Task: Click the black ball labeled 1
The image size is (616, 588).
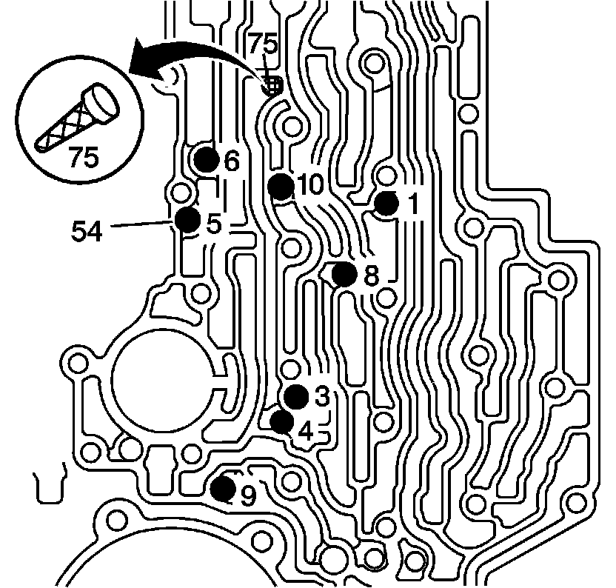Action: [x=386, y=204]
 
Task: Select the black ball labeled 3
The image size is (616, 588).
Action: [x=296, y=396]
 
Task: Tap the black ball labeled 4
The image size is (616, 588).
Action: [x=282, y=421]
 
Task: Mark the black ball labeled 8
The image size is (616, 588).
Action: [x=344, y=274]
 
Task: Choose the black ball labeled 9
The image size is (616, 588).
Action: [x=222, y=489]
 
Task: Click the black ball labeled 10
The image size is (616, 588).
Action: [x=280, y=185]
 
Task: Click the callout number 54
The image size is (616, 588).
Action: [x=87, y=231]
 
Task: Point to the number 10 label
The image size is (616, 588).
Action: [x=310, y=185]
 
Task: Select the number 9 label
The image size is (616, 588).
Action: [x=248, y=495]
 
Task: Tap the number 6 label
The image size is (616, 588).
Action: [x=232, y=161]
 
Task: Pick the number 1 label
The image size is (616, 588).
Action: [x=412, y=204]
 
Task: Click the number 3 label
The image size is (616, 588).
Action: [x=321, y=397]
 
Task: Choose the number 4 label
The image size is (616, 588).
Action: [x=305, y=430]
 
